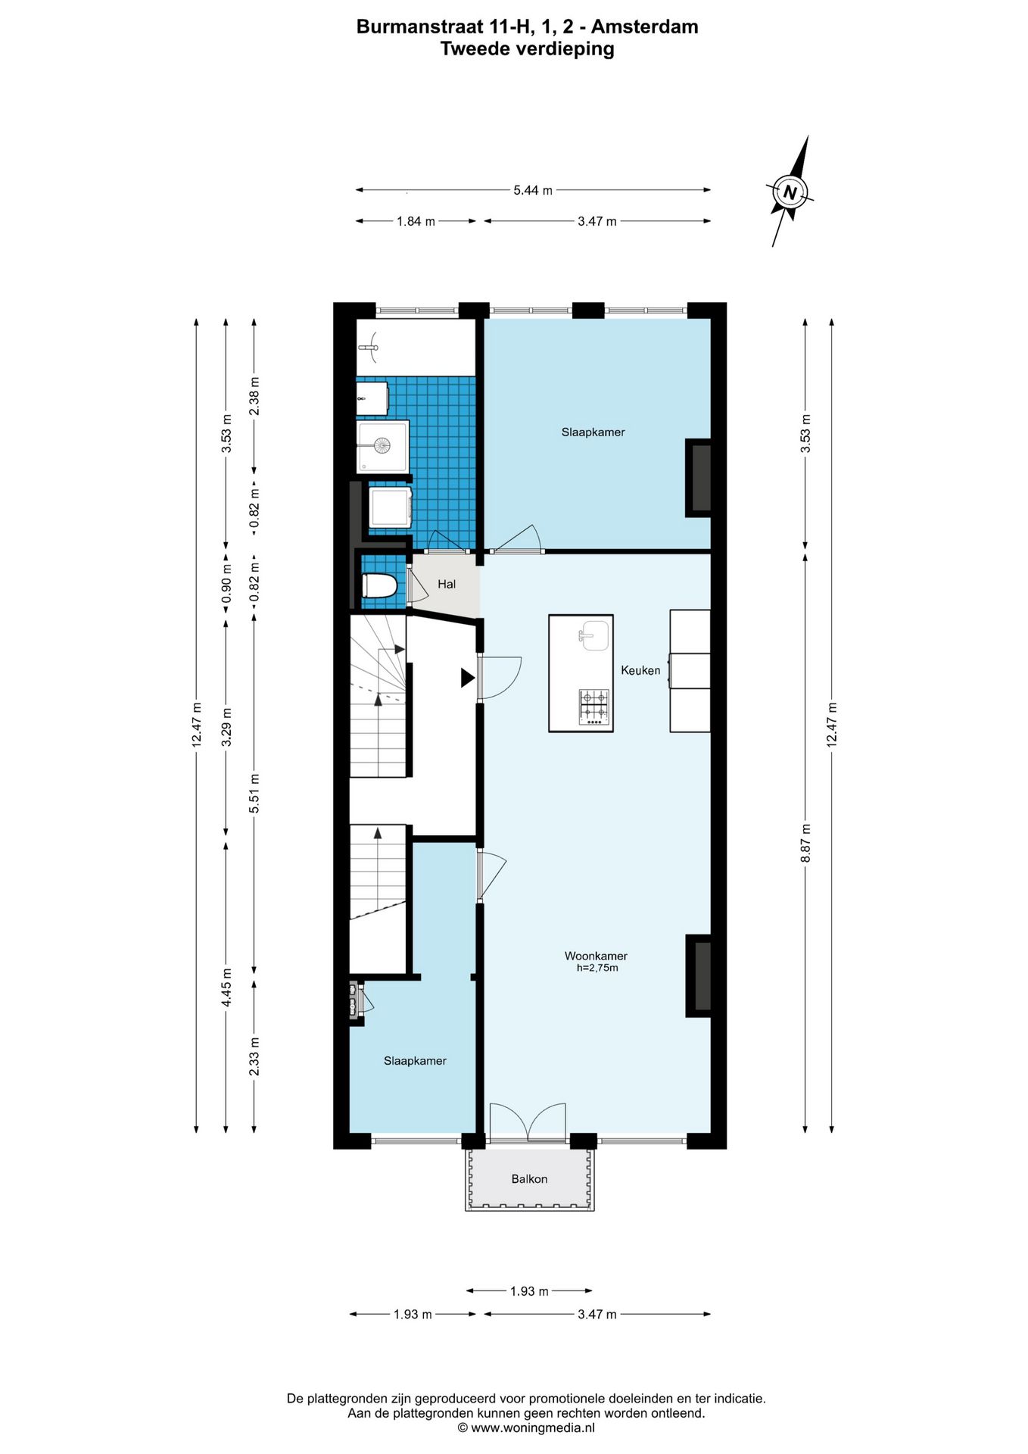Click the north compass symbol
click(790, 192)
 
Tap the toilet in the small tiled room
click(379, 586)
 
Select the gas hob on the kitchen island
click(594, 707)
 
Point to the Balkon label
click(529, 1179)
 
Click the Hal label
click(447, 584)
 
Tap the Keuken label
click(640, 670)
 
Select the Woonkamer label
click(596, 956)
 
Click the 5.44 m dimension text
click(533, 190)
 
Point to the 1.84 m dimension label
click(416, 221)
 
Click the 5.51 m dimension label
click(254, 793)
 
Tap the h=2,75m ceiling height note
click(597, 968)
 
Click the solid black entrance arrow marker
click(467, 678)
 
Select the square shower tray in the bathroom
click(383, 447)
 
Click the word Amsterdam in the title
click(644, 27)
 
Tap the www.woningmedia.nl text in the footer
click(532, 1427)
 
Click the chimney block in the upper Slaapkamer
click(698, 479)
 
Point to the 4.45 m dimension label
click(226, 988)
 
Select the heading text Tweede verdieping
click(528, 49)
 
